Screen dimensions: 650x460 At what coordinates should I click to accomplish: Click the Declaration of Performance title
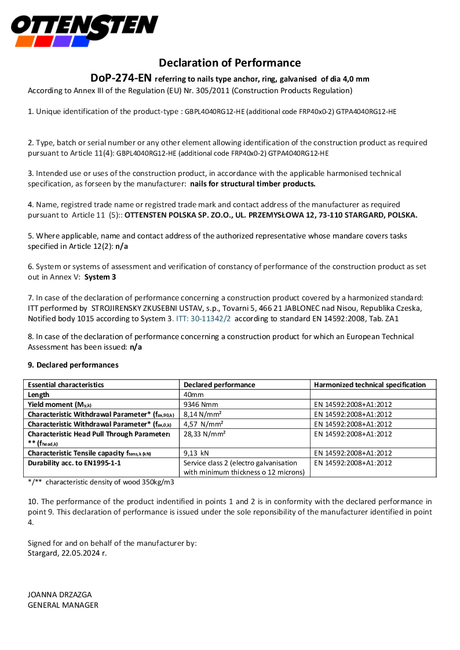click(230, 63)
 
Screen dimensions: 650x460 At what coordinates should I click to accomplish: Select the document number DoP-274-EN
click(121, 78)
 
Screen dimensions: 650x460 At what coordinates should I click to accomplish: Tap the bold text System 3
click(100, 277)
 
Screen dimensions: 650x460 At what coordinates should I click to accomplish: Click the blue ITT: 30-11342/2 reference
click(203, 318)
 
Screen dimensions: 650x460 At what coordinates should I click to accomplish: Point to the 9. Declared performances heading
click(73, 365)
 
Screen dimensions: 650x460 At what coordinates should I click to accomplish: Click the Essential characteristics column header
click(66, 384)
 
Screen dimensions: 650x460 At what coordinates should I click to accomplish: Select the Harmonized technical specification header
click(370, 384)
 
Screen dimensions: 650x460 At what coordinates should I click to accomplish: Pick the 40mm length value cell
click(194, 395)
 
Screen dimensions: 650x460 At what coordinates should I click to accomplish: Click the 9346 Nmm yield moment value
click(200, 405)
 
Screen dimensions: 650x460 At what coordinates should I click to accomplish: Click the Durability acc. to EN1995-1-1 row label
click(74, 463)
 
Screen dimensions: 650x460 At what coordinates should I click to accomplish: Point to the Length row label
click(38, 395)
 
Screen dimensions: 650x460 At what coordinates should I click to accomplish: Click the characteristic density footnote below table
click(101, 482)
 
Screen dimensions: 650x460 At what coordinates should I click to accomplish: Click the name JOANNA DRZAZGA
click(60, 594)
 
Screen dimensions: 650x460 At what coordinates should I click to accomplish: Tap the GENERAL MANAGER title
click(63, 605)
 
